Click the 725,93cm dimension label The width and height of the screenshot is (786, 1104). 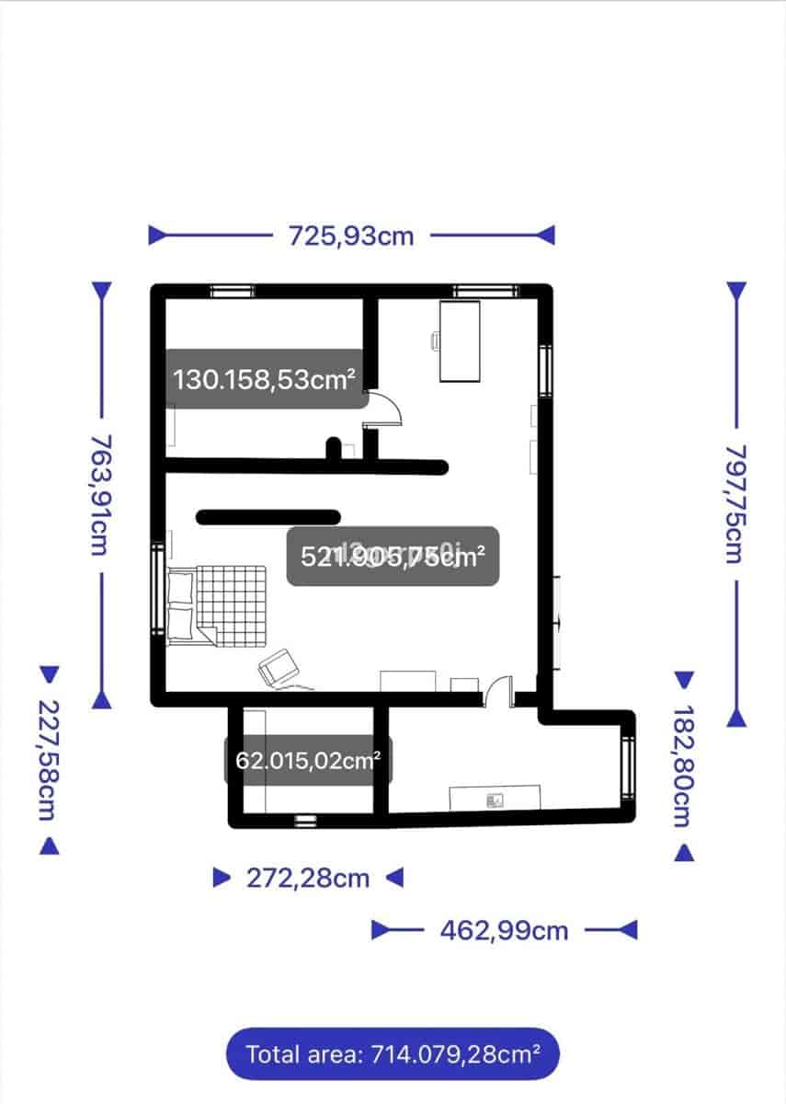pyautogui.click(x=351, y=236)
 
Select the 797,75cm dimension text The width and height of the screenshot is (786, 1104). pyautogui.click(x=735, y=503)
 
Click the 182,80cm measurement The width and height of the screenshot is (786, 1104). pyautogui.click(x=682, y=765)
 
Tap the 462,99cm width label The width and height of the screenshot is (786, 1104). pyautogui.click(x=504, y=930)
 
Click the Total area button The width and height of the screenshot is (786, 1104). pyautogui.click(x=393, y=1053)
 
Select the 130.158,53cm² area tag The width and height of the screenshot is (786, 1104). pyautogui.click(x=265, y=378)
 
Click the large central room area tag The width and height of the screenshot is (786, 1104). pyautogui.click(x=393, y=556)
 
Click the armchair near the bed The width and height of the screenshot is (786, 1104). pyautogui.click(x=278, y=667)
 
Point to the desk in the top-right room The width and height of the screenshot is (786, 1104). pyautogui.click(x=461, y=340)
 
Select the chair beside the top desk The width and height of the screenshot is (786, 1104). pyautogui.click(x=436, y=340)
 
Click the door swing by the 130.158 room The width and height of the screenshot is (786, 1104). pyautogui.click(x=386, y=409)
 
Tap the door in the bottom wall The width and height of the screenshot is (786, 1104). pyautogui.click(x=499, y=692)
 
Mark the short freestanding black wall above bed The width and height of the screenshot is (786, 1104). pyautogui.click(x=268, y=517)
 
